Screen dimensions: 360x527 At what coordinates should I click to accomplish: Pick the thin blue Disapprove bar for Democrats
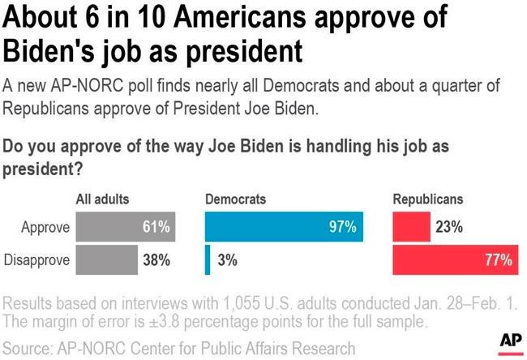point(208,260)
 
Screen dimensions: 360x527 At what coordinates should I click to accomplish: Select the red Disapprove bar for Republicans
point(455,260)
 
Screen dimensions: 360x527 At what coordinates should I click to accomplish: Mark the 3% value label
point(228,260)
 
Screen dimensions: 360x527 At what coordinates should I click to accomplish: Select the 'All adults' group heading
point(102,199)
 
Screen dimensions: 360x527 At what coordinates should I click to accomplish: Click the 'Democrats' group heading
point(235,199)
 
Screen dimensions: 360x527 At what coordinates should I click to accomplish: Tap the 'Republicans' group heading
point(427,199)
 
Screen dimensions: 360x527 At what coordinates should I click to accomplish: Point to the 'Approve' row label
point(45,228)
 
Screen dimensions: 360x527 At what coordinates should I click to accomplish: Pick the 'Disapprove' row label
point(37,260)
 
